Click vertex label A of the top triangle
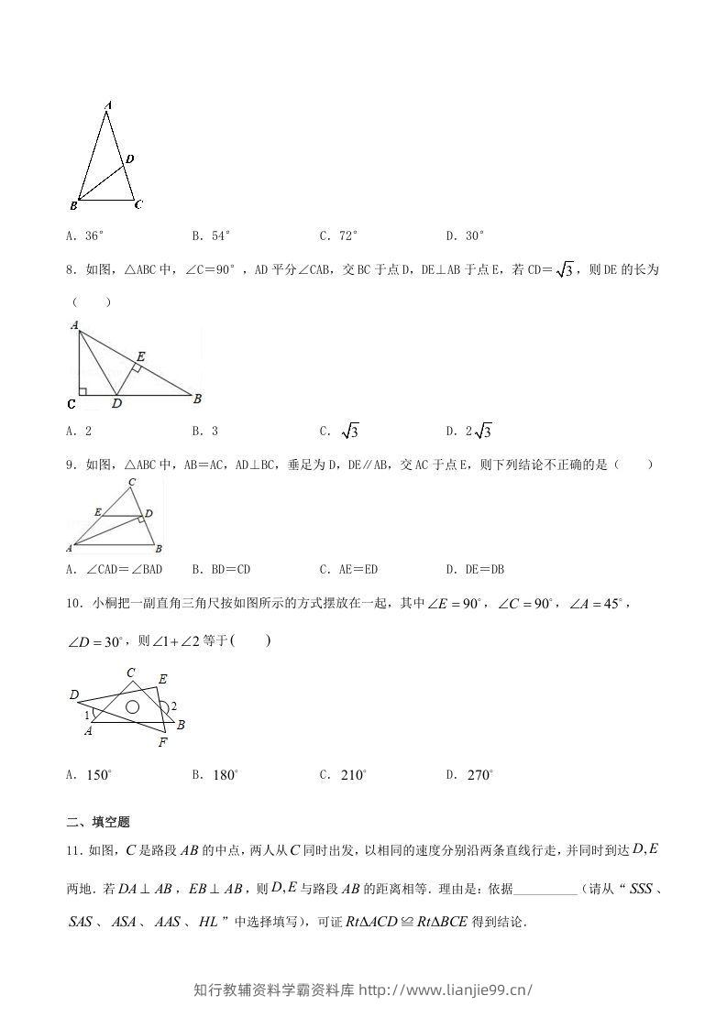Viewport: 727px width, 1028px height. tap(108, 106)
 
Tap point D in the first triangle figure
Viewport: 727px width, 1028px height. tap(130, 159)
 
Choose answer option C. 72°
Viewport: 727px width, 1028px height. tap(338, 235)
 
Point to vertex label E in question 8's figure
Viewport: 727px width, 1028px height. tap(140, 355)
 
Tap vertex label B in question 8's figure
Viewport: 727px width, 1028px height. tap(197, 398)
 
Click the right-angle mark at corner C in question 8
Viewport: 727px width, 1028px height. tap(83, 392)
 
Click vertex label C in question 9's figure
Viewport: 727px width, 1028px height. tap(132, 482)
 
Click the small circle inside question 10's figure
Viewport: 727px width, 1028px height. tap(132, 706)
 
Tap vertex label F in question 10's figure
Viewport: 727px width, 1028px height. tap(161, 741)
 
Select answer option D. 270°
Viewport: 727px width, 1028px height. tap(469, 775)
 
